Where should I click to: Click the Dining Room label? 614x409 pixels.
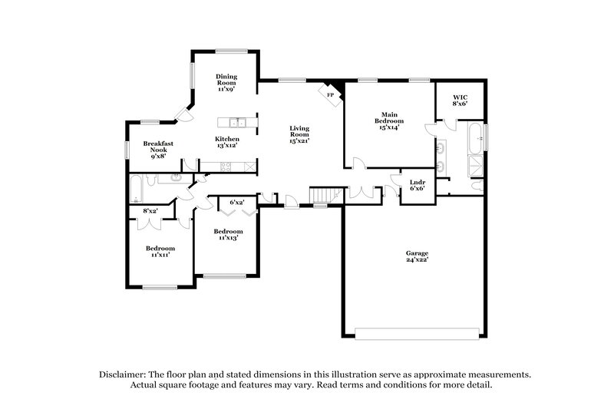(226, 82)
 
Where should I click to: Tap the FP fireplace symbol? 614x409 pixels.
(331, 94)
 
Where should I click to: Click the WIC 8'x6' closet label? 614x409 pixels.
(460, 101)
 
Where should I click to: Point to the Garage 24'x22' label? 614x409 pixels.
(417, 257)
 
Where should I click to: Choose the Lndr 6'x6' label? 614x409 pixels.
(418, 184)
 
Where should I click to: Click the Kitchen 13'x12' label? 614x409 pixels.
(226, 142)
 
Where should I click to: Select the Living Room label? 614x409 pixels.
(299, 135)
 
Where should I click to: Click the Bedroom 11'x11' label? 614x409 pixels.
(160, 251)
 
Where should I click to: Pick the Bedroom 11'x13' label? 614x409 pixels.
(228, 234)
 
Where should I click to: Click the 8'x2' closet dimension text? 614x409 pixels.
(150, 211)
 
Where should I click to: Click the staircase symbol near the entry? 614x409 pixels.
(322, 197)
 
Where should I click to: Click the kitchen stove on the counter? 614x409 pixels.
(226, 167)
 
